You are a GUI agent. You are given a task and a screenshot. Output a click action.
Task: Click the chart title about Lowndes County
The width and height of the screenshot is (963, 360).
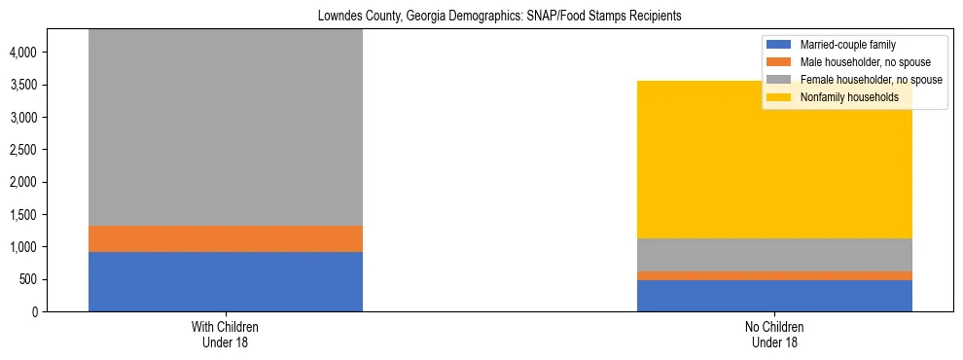click(481, 17)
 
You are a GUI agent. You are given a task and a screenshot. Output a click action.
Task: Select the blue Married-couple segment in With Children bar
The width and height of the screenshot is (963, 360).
click(226, 282)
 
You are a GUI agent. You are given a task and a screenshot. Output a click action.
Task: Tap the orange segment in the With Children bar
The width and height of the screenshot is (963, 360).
click(226, 239)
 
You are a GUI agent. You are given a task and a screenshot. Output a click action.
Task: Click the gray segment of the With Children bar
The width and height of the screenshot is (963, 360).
click(226, 126)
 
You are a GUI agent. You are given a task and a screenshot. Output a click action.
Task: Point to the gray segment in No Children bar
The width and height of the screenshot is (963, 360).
click(774, 255)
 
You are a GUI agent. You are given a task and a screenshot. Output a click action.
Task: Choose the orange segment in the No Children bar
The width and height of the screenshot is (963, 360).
click(774, 276)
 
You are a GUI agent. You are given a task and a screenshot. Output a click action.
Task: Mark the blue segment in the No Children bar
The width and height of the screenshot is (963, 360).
click(774, 296)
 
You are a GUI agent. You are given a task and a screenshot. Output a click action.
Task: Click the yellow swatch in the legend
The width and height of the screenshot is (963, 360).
click(780, 97)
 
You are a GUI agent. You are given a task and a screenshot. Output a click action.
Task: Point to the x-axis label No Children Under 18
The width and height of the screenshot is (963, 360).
click(774, 335)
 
